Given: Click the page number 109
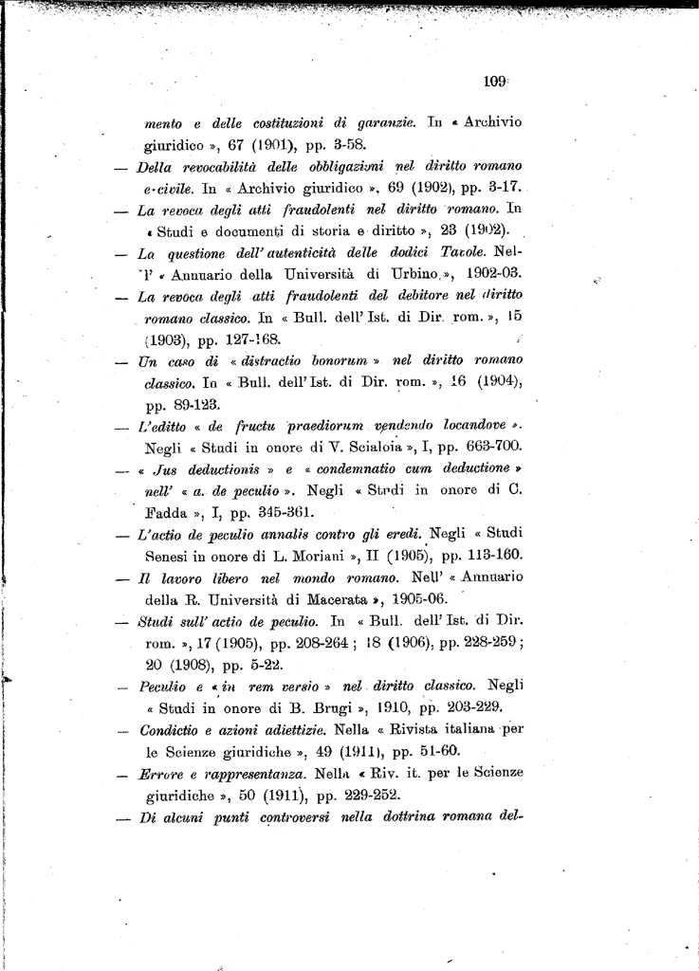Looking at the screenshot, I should point(494,82).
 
